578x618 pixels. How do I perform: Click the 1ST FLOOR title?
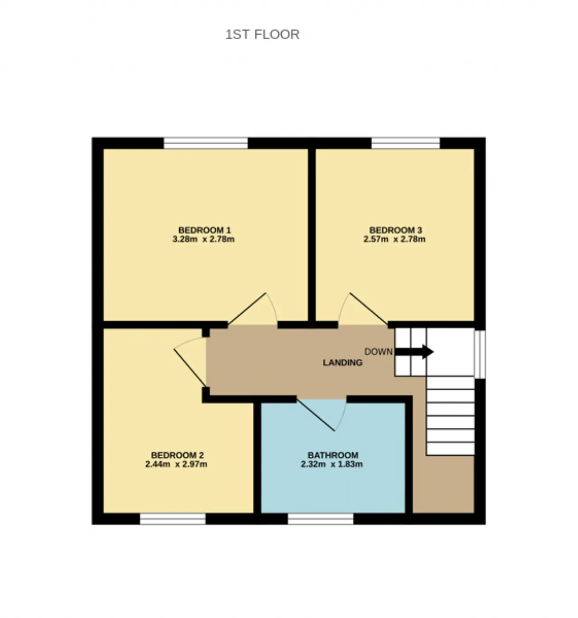(x=262, y=34)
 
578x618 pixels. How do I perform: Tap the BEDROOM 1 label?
(x=205, y=230)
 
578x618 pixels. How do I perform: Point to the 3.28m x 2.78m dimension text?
(x=204, y=239)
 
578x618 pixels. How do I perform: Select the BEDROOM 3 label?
(x=396, y=230)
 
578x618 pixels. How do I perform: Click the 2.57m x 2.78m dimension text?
(x=395, y=239)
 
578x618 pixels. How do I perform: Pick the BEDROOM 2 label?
(x=177, y=455)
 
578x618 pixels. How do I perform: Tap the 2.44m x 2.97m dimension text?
(x=176, y=464)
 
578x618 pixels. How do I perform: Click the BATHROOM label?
(x=333, y=455)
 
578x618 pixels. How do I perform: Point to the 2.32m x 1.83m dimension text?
(x=331, y=464)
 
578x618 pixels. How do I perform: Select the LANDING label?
(x=342, y=362)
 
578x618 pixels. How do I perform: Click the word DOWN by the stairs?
(x=378, y=352)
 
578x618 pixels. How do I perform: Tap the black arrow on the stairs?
(x=414, y=351)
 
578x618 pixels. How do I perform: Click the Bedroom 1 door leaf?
(x=247, y=309)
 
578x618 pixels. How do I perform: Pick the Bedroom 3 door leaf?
(x=369, y=309)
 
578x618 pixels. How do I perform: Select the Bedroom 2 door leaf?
(x=190, y=367)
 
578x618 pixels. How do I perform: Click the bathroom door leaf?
(x=316, y=415)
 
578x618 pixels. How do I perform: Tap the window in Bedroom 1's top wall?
(x=205, y=143)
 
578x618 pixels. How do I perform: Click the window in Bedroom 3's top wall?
(x=406, y=143)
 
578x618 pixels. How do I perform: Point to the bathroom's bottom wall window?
(x=321, y=519)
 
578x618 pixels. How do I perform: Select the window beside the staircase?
(x=480, y=354)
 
